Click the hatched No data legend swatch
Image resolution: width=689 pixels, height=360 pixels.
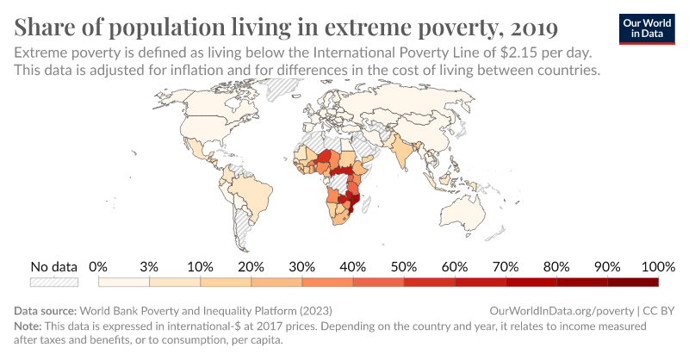pyautogui.click(x=54, y=281)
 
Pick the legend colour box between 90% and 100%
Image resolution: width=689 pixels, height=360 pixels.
pyautogui.click(x=633, y=281)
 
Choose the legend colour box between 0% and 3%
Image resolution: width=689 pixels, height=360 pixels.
pyautogui.click(x=124, y=281)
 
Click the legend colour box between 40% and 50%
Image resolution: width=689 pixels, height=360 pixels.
pyautogui.click(x=378, y=281)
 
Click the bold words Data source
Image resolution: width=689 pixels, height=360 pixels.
pyautogui.click(x=46, y=310)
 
